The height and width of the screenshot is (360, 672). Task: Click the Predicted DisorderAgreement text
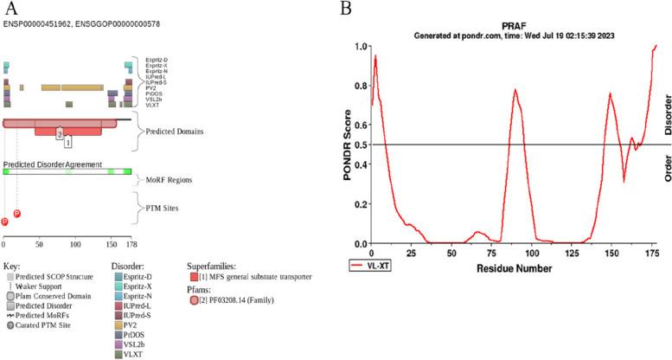[53, 164]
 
